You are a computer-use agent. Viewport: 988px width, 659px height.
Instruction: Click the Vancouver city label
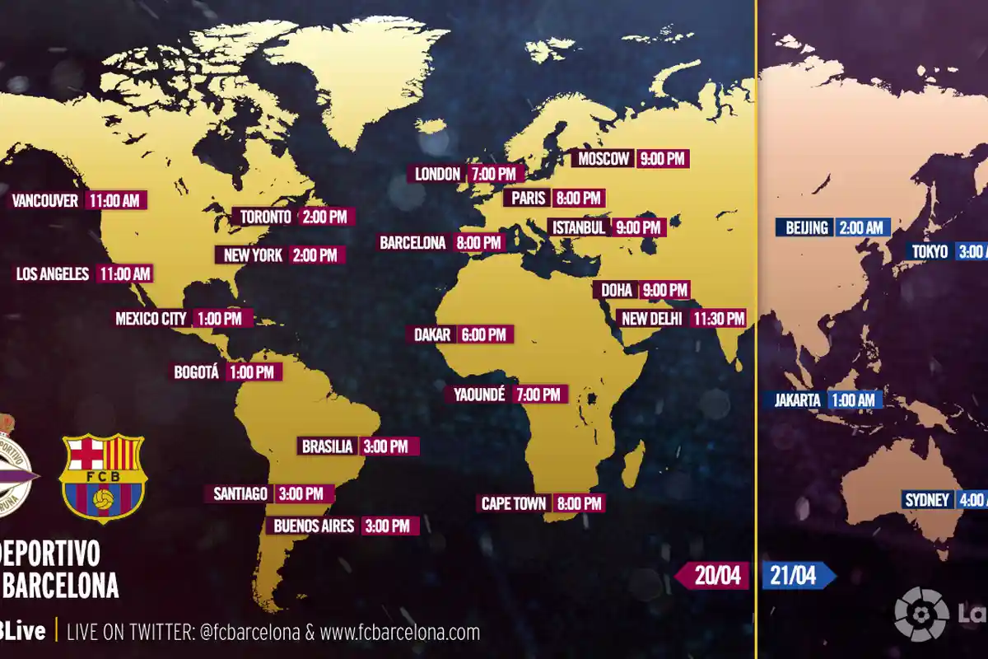[45, 200]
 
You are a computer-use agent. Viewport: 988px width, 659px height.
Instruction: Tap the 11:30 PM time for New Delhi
[719, 318]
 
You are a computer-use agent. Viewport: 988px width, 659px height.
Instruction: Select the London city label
[437, 174]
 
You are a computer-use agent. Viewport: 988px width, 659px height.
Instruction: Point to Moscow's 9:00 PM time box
[663, 159]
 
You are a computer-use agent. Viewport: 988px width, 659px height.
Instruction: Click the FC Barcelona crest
[103, 478]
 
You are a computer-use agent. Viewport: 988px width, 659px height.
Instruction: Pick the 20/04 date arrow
[713, 576]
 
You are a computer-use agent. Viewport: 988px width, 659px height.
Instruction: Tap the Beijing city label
[806, 227]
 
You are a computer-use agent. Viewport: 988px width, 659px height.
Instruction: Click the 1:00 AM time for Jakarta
[853, 400]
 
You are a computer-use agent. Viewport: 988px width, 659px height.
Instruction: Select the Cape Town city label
[513, 503]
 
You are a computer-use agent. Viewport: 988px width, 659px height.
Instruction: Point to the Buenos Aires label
[314, 526]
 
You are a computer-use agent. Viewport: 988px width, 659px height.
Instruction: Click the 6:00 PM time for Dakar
[484, 334]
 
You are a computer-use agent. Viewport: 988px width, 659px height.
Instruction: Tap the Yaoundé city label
[478, 395]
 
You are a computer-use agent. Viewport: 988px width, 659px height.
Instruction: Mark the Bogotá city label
[196, 372]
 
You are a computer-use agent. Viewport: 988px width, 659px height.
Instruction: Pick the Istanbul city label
[579, 227]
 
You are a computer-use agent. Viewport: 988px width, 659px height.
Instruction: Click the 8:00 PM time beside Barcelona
[478, 243]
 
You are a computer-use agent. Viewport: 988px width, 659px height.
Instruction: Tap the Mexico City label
[151, 319]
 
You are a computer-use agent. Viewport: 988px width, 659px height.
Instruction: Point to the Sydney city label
[928, 500]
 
